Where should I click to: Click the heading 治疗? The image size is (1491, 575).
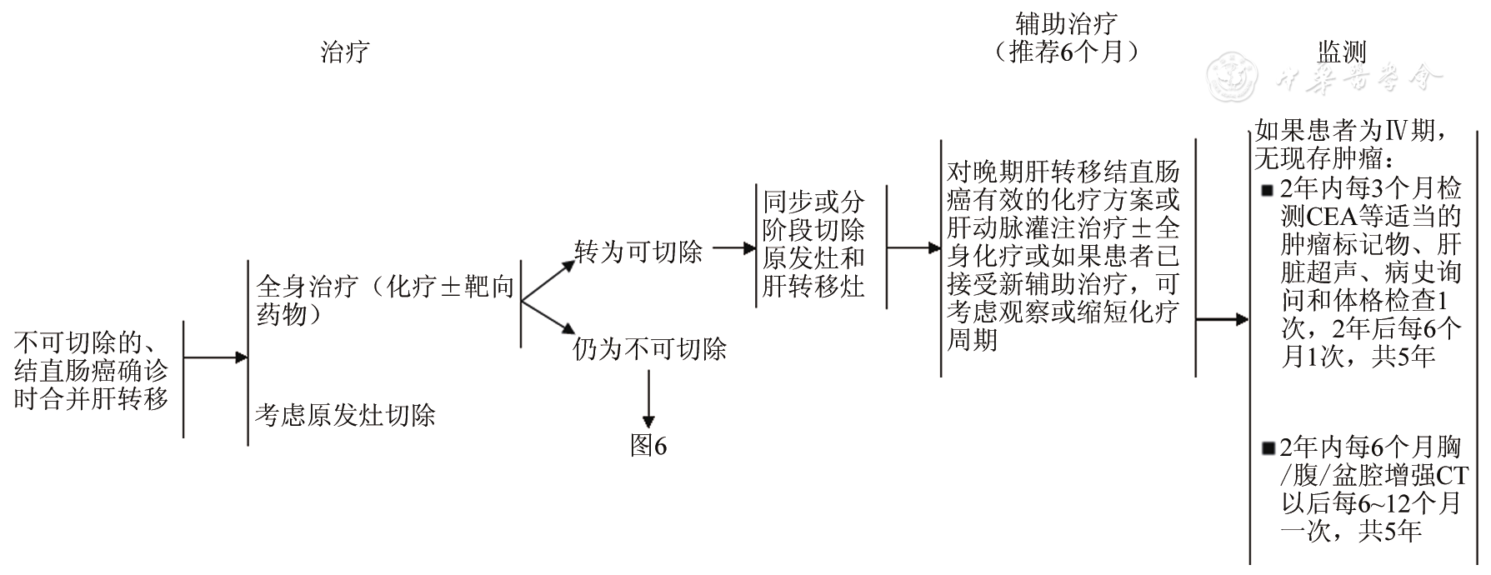click(345, 52)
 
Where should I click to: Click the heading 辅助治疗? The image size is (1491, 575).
click(1066, 22)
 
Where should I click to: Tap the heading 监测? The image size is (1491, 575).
click(1341, 52)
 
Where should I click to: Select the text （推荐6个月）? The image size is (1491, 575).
click(1066, 52)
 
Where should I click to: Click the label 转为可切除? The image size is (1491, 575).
click(638, 252)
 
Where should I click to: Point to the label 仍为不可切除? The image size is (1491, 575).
click(650, 349)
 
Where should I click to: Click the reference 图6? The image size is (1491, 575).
click(648, 447)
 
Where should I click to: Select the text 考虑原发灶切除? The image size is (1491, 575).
click(345, 415)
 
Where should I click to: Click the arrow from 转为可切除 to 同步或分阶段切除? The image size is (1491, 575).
click(734, 247)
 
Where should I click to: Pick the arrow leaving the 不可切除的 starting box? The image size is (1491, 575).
click(216, 357)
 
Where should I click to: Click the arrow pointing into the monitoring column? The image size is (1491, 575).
click(1223, 319)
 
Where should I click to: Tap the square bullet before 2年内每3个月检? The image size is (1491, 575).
click(1268, 189)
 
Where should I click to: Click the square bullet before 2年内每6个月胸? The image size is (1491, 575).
click(1268, 449)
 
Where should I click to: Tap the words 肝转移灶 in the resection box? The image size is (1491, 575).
click(813, 287)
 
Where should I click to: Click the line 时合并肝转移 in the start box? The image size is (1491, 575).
click(92, 399)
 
